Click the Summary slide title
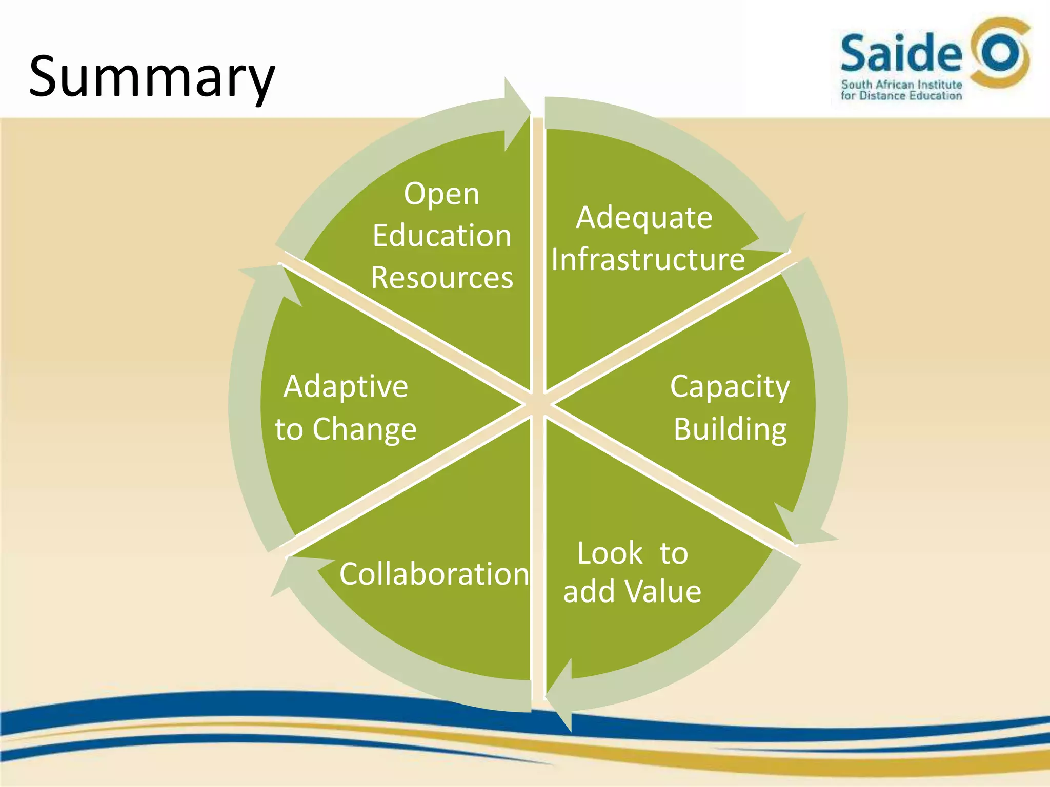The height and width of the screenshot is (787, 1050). (x=152, y=77)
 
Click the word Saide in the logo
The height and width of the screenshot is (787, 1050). (x=901, y=53)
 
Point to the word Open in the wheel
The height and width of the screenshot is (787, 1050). (x=441, y=195)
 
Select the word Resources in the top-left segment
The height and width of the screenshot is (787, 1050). (x=442, y=278)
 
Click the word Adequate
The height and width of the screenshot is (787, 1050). (x=644, y=218)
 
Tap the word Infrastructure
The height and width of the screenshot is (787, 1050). (x=648, y=259)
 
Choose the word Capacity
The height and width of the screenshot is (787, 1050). (x=730, y=387)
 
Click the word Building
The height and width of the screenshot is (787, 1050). (x=730, y=429)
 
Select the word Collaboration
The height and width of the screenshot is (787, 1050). (x=434, y=574)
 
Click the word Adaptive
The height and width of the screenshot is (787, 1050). (x=346, y=387)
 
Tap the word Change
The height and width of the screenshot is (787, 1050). (x=365, y=429)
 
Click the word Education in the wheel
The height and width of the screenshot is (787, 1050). (x=442, y=236)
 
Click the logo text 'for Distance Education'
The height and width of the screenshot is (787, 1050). (x=901, y=96)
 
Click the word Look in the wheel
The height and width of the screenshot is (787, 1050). (x=610, y=554)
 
